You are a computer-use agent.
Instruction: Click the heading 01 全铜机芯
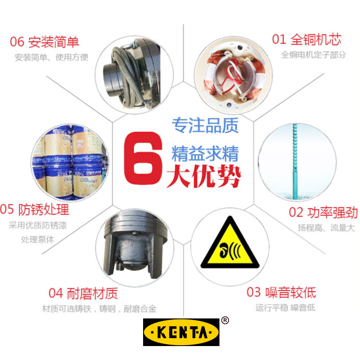(x=306, y=40)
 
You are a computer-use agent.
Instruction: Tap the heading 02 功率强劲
(x=323, y=212)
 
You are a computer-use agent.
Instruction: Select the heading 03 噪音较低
(x=281, y=292)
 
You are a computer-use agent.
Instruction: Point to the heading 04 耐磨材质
(x=83, y=293)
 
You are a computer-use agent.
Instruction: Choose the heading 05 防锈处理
(x=35, y=209)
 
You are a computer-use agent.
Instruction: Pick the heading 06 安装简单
(x=45, y=42)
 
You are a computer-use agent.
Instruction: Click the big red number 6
(x=143, y=158)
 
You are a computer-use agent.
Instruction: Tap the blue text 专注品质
(x=205, y=126)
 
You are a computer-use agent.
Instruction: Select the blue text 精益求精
(x=205, y=153)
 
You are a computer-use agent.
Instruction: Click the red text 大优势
(x=204, y=175)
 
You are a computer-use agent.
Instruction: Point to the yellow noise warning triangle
(x=230, y=243)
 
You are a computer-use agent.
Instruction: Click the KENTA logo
(x=181, y=332)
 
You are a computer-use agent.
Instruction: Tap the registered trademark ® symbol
(x=225, y=320)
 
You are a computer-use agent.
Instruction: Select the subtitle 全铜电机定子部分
(x=313, y=55)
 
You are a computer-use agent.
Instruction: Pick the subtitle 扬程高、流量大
(x=326, y=228)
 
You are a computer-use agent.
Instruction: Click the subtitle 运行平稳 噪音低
(x=285, y=308)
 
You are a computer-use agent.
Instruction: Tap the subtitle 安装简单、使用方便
(x=51, y=57)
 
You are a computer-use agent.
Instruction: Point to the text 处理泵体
(x=38, y=239)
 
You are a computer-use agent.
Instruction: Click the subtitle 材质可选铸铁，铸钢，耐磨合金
(x=99, y=309)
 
